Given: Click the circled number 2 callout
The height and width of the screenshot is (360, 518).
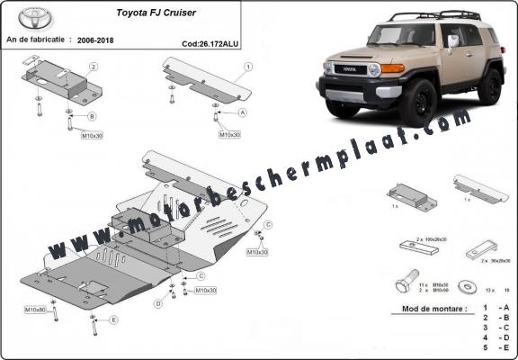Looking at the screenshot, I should (93, 67).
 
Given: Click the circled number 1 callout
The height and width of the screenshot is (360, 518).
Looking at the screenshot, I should (247, 67).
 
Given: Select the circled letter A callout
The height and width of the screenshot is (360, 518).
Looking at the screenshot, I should (243, 113).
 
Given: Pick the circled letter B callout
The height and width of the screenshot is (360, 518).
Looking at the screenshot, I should (92, 116).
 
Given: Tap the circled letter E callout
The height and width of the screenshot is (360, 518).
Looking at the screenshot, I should (113, 319).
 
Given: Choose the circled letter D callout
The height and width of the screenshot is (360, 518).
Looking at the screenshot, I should (157, 304).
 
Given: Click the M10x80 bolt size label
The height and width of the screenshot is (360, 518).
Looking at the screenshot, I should (35, 310).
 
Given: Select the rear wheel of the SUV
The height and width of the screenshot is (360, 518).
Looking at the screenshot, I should (490, 85).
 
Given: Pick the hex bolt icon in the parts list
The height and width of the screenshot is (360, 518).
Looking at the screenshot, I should (404, 283).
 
